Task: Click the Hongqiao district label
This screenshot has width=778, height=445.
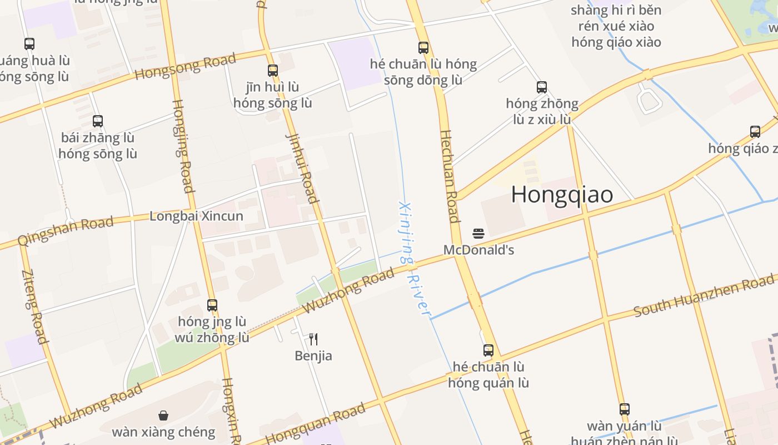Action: coord(562,194)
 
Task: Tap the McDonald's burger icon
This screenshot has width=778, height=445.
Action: coord(478,233)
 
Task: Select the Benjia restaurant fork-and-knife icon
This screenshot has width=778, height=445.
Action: coord(313,339)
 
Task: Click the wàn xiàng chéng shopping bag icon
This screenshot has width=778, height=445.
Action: coord(163,416)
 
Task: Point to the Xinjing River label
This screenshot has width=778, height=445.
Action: coord(415,258)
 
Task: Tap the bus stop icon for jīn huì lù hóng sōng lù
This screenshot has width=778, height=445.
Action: coord(272,71)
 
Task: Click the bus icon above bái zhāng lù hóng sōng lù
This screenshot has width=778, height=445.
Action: coord(98,121)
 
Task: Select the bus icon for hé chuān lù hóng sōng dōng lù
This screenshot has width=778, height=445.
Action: coord(423,48)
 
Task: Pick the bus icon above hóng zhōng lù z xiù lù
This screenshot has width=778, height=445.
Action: coord(542,87)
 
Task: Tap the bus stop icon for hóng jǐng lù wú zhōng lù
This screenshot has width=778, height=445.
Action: coord(212,305)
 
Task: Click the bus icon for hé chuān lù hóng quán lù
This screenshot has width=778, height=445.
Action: coord(488,350)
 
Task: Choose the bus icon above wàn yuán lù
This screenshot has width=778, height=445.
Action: coord(624,409)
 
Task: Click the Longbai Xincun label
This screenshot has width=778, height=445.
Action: coord(196,216)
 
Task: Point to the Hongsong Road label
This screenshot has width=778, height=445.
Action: coord(186,66)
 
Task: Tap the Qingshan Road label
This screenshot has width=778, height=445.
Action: coord(66,231)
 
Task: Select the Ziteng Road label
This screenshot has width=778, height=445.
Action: coord(34,306)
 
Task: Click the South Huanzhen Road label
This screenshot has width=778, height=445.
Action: coord(703,295)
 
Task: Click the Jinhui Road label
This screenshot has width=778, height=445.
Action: coord(302,167)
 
